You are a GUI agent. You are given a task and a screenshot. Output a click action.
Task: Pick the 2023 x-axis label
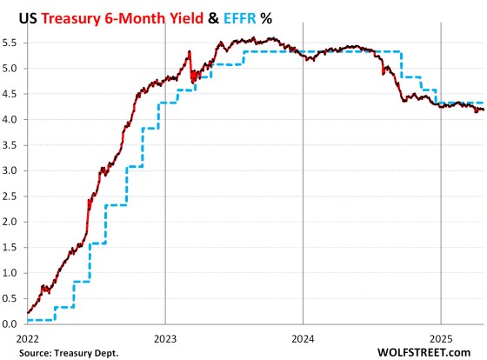[x=165, y=336]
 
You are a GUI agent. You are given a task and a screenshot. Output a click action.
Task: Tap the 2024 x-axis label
[x=303, y=336]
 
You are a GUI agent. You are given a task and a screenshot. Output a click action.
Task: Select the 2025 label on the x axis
[x=441, y=336]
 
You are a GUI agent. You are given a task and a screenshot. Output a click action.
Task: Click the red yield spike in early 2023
[x=189, y=55]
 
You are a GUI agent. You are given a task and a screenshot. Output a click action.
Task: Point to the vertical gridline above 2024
[x=303, y=174]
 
